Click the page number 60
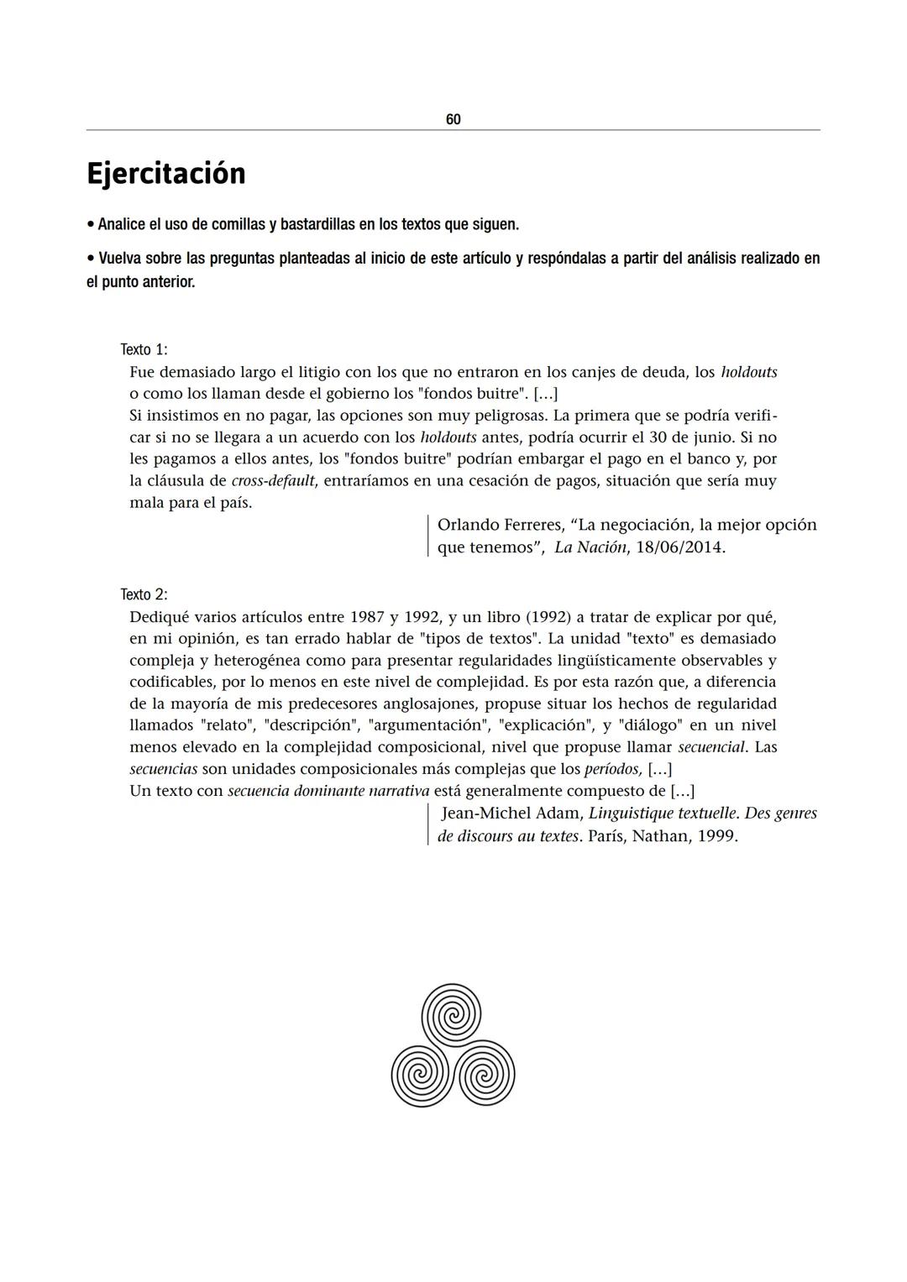click(453, 120)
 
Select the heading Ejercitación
click(166, 174)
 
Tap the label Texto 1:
click(144, 349)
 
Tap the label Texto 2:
click(144, 594)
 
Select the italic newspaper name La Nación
click(590, 547)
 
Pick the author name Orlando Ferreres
click(500, 525)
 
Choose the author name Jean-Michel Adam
click(511, 814)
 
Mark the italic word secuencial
click(711, 747)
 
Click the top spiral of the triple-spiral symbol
click(451, 1013)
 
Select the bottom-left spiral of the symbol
click(422, 1074)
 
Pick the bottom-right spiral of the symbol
click(484, 1074)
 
